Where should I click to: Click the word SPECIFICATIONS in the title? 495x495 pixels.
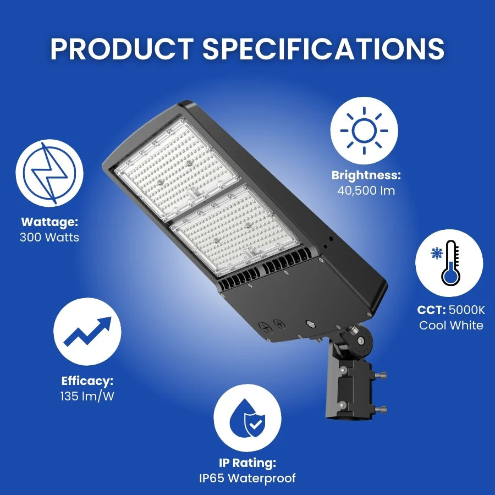click(x=323, y=49)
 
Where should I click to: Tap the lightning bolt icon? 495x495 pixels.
click(x=50, y=173)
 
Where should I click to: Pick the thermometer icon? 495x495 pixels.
click(x=449, y=263)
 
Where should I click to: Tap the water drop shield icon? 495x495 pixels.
click(x=248, y=417)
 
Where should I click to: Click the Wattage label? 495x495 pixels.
click(x=50, y=222)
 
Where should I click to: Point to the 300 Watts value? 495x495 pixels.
click(x=50, y=238)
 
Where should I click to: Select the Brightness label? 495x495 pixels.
click(x=366, y=175)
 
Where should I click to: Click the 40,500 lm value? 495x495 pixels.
click(x=366, y=191)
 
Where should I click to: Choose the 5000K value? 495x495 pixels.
click(x=467, y=310)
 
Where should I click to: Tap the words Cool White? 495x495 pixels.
click(x=451, y=325)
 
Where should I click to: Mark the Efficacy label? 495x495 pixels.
click(x=87, y=381)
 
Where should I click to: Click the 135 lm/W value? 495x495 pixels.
click(x=87, y=396)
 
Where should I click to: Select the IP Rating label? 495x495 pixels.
click(x=248, y=463)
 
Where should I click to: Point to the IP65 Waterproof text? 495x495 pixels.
click(x=248, y=478)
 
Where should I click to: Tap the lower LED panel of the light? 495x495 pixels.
click(x=235, y=230)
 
